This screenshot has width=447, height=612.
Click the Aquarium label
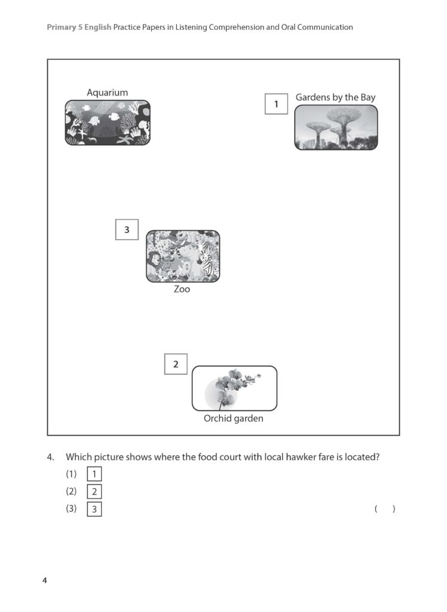tap(107, 93)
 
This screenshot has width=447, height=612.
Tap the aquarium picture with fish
tap(108, 123)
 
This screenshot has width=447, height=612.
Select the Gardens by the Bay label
tap(335, 97)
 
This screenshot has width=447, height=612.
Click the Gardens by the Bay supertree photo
tap(336, 127)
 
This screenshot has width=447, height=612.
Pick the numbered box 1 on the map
tap(276, 105)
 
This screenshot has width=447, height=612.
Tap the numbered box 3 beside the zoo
tap(126, 229)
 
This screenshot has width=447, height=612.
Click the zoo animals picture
tap(183, 256)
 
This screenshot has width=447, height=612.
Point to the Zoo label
tap(182, 289)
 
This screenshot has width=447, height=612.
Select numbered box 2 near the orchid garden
tap(176, 364)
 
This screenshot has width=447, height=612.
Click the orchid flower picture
tap(234, 388)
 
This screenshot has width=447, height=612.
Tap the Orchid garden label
tap(233, 418)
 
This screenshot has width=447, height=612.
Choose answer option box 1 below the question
tap(94, 475)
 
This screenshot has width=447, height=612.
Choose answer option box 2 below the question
tap(94, 492)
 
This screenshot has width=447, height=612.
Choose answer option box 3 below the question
tap(94, 510)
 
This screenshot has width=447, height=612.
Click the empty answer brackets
tap(385, 509)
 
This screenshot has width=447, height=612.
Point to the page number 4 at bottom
tap(44, 580)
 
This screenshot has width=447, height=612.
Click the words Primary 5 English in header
tap(79, 27)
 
